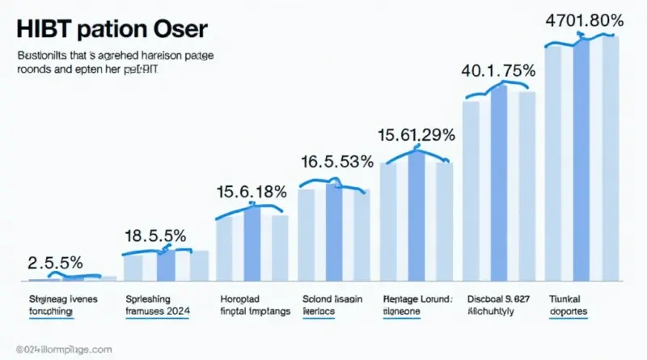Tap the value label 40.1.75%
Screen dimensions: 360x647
coord(498,70)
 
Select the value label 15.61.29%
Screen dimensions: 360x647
coord(417,134)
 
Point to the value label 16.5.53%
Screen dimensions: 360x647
coord(336,162)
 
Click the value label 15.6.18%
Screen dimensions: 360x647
coord(251,193)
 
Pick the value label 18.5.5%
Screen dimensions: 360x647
coord(155,236)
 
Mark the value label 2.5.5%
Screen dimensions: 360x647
coord(55,263)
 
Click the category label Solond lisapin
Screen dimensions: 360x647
coord(332,298)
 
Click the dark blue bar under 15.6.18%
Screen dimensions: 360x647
coord(252,243)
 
